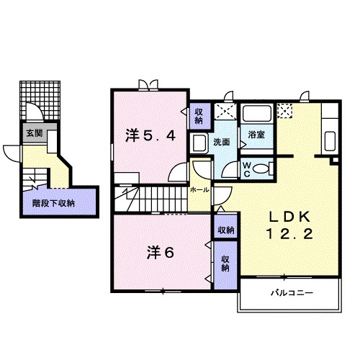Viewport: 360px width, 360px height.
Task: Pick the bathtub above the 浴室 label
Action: click(x=256, y=114)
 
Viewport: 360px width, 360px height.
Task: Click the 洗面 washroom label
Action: click(x=221, y=142)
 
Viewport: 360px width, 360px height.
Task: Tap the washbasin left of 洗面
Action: click(x=200, y=141)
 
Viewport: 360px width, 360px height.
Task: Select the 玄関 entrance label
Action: click(x=34, y=133)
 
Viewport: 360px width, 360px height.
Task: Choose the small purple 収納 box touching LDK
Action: click(x=225, y=230)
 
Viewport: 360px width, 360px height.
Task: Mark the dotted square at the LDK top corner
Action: click(x=287, y=111)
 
